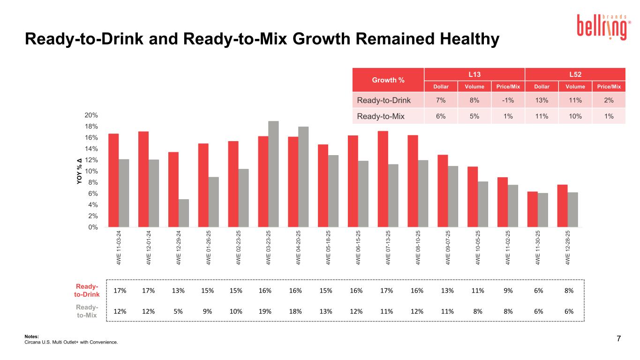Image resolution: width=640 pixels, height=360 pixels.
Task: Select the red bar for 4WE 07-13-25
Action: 383,179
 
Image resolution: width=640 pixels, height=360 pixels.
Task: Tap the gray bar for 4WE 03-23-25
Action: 273,174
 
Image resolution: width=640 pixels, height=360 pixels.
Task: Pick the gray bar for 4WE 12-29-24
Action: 184,213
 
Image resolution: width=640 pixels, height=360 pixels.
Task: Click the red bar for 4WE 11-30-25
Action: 533,209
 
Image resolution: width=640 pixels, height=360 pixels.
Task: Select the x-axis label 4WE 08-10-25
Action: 418,247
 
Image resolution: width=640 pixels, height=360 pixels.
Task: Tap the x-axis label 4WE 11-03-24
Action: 119,247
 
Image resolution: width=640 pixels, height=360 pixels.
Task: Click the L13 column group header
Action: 474,74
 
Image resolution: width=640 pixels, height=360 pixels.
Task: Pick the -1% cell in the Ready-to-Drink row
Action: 508,100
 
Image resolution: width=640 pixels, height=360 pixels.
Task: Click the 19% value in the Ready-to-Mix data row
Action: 265,310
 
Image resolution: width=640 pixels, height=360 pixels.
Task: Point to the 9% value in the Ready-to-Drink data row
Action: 508,290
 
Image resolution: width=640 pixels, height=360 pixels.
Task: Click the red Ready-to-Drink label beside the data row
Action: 87,291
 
